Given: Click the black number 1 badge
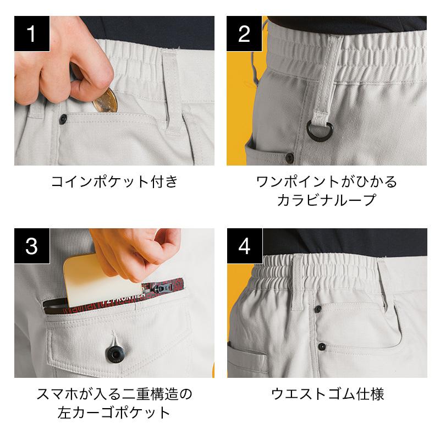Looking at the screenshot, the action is (x=32, y=34).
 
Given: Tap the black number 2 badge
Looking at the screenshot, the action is (x=244, y=34).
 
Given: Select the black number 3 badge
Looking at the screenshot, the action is (x=32, y=246).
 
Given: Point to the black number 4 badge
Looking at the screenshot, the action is (x=245, y=246).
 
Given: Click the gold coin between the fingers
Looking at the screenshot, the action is (x=106, y=101).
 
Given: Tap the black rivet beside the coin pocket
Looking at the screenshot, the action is (x=63, y=119).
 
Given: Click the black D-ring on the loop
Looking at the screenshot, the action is (x=319, y=130).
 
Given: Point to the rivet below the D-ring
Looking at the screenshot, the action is (x=289, y=158).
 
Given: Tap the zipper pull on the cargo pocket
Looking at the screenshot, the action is (x=162, y=288).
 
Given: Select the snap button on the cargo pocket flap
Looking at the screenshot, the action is (x=114, y=354).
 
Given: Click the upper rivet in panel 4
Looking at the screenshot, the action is (x=318, y=309).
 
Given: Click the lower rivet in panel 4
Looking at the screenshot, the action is (x=322, y=346).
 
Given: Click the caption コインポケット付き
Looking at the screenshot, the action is (x=114, y=182).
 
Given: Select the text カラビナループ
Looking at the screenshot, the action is (x=327, y=200).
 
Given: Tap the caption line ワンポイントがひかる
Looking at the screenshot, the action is (x=327, y=182).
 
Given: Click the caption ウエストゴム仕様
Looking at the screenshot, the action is (x=327, y=394).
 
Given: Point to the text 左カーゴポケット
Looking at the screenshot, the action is (x=114, y=413).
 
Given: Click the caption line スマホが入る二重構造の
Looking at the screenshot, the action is (x=114, y=394).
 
